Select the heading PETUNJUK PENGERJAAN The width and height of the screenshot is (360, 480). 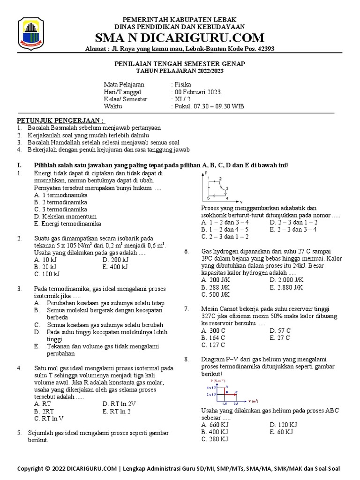pyautogui.click(x=61, y=120)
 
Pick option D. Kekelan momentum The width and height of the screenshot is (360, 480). pyautogui.click(x=65, y=217)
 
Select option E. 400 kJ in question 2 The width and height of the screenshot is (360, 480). pyautogui.click(x=115, y=267)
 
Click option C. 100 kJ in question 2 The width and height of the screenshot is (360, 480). pyautogui.click(x=47, y=274)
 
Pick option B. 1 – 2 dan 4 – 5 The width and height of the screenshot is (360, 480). pyautogui.click(x=225, y=230)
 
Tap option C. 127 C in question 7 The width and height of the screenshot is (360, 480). pyautogui.click(x=213, y=345)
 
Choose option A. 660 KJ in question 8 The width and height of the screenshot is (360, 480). pyautogui.click(x=215, y=425)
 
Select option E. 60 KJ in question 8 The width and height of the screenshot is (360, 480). pyautogui.click(x=281, y=432)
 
